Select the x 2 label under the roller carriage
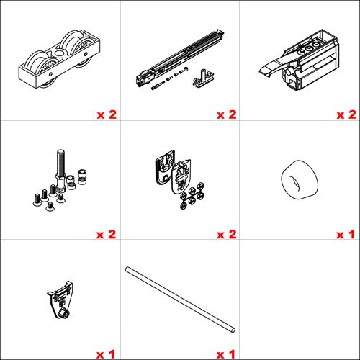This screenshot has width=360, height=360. pos(107,114)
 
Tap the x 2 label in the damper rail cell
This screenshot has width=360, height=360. pos(226,114)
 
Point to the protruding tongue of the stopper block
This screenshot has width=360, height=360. pos(266,68)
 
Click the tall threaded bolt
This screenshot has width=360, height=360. pos(60,169)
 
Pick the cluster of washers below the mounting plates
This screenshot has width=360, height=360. pos(192,197)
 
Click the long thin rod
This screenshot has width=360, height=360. pos(180,299)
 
